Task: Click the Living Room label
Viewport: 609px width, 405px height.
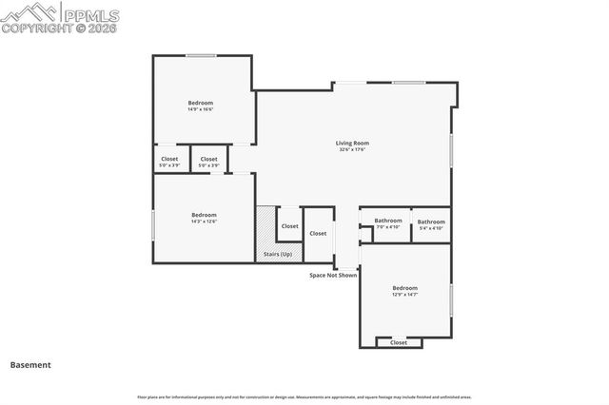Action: pos(352,143)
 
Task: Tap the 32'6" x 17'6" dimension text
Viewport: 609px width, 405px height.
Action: pos(352,149)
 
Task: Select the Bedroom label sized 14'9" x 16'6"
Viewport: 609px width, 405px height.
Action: pos(200,103)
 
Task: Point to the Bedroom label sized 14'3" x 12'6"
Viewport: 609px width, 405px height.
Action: pos(204,215)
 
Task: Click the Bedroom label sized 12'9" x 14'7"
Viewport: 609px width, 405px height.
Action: pos(404,288)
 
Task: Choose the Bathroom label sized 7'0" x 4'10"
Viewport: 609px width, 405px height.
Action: pos(388,222)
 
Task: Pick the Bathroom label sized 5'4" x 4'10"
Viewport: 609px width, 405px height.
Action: pos(431,222)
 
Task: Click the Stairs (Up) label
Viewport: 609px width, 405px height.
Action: pos(278,254)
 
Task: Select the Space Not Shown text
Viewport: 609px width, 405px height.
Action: pos(333,275)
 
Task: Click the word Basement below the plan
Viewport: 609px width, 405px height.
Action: pos(30,364)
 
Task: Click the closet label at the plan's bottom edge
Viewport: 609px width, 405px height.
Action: pos(399,342)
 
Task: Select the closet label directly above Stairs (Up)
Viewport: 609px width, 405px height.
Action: pos(290,226)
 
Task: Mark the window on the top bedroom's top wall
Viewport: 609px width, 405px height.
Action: pos(200,55)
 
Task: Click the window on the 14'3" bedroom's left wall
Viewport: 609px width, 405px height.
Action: pos(154,223)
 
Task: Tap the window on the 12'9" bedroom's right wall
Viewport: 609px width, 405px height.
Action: pos(451,298)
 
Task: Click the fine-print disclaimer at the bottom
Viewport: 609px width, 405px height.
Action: pos(304,396)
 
